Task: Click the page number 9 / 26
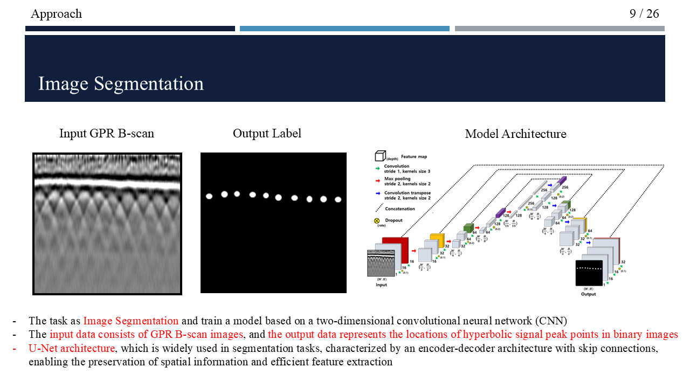(x=644, y=13)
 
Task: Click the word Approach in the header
(x=57, y=14)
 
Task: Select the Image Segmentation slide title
(x=121, y=84)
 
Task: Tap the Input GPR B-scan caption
(x=107, y=134)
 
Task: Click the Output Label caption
(x=267, y=133)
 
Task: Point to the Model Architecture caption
(x=515, y=134)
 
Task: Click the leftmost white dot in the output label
(x=209, y=196)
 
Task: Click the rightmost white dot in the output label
(x=338, y=199)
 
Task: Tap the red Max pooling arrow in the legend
(x=378, y=178)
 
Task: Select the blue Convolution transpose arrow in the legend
(x=378, y=192)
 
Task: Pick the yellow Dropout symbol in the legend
(x=377, y=221)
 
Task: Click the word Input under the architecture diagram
(x=381, y=285)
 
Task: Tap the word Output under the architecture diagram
(x=589, y=294)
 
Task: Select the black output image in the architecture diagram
(x=589, y=272)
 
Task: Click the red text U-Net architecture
(x=72, y=348)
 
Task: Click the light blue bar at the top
(x=344, y=29)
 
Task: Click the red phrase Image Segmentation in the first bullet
(x=130, y=321)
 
